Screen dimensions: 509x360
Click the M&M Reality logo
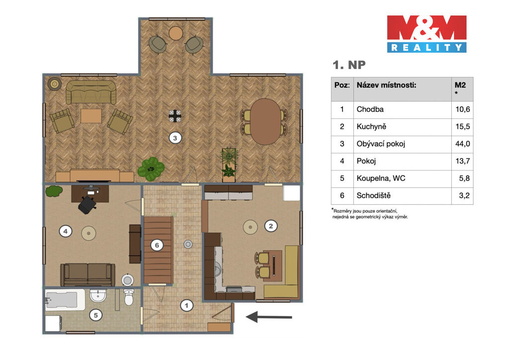click(x=426, y=34)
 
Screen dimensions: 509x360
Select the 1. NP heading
click(x=349, y=65)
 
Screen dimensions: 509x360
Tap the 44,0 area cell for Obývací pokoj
click(x=463, y=144)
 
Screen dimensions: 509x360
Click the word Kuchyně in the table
click(x=371, y=127)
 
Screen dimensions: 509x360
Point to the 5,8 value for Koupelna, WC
click(x=465, y=178)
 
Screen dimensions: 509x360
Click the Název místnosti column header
click(x=386, y=85)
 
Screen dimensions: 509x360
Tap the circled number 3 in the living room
click(x=175, y=138)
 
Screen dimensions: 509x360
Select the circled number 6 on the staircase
click(x=157, y=245)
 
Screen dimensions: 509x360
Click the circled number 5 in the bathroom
click(x=96, y=315)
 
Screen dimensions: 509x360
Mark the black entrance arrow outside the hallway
click(x=269, y=317)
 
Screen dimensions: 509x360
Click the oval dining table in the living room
click(x=265, y=122)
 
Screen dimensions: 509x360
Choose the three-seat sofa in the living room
click(x=91, y=92)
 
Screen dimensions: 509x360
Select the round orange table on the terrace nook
click(x=176, y=33)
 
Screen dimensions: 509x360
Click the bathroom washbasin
click(x=98, y=296)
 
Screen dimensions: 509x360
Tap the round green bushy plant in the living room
click(x=151, y=169)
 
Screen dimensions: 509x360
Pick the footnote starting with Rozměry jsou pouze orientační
click(x=370, y=214)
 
